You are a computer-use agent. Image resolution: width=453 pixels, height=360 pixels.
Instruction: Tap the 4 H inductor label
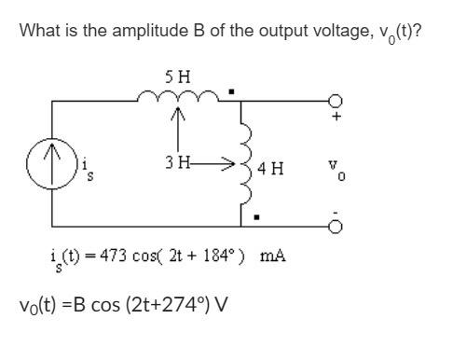click(x=271, y=170)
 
